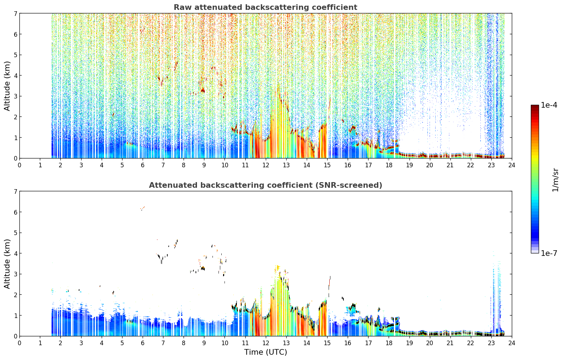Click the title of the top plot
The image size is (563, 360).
[265, 7]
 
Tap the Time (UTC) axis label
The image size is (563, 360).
[265, 352]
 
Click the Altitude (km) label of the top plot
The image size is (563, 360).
[7, 86]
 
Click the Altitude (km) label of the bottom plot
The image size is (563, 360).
[7, 264]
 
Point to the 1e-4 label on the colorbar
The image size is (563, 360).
[549, 105]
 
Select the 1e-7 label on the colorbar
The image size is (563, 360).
[549, 253]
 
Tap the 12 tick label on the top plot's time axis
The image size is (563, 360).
[266, 165]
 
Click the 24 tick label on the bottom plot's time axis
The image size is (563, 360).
[512, 343]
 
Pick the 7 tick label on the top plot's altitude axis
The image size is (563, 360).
[15, 13]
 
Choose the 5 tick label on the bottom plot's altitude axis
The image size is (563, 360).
[15, 233]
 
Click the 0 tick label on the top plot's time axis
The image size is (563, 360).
[20, 165]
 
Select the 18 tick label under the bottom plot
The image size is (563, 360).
[389, 343]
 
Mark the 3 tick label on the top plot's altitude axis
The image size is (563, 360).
[15, 96]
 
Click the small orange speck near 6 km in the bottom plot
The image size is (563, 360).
[143, 208]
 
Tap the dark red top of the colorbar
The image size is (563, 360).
[535, 107]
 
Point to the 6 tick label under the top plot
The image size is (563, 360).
[143, 165]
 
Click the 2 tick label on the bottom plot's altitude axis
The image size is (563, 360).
[15, 295]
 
